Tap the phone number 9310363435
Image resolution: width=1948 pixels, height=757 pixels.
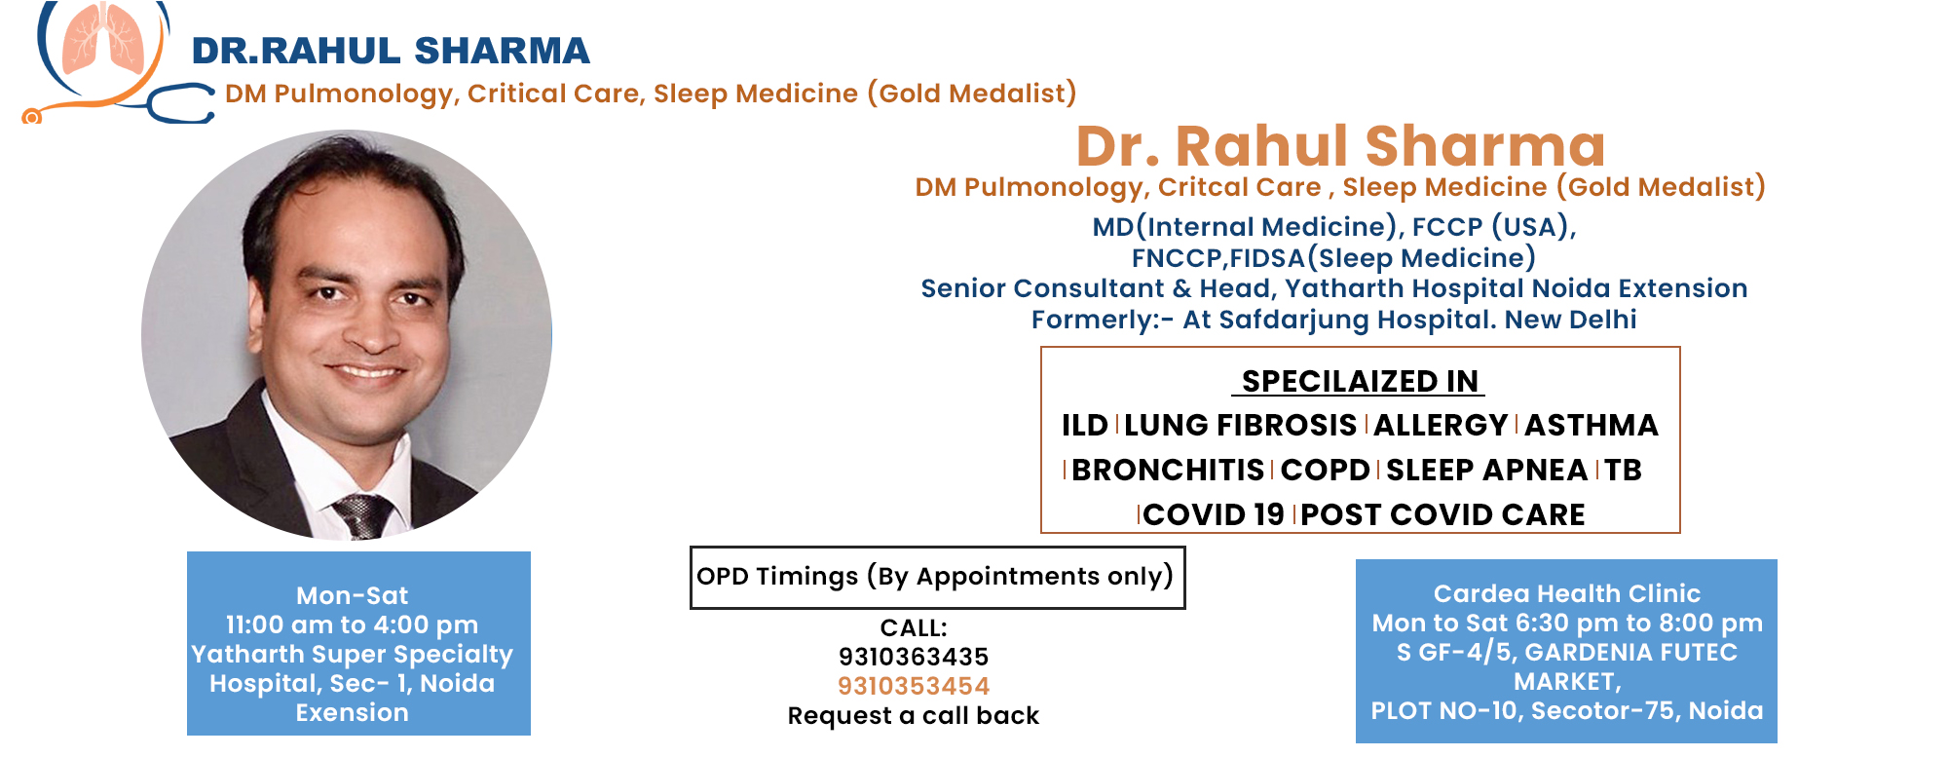click(914, 657)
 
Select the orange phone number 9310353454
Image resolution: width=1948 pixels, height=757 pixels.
click(914, 686)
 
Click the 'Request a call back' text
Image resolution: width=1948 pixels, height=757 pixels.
click(914, 716)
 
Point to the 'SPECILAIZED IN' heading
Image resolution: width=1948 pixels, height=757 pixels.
click(1360, 381)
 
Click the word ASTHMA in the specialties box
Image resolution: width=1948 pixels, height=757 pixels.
click(1592, 425)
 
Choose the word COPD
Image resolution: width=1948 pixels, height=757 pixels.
click(1325, 470)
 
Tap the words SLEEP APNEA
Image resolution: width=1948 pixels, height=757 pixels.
click(1487, 470)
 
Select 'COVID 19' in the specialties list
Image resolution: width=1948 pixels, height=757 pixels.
click(1214, 514)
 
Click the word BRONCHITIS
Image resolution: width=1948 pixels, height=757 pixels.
click(1168, 470)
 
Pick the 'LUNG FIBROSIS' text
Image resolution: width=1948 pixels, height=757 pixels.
click(1240, 425)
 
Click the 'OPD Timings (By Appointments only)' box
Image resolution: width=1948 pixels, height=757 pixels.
click(937, 577)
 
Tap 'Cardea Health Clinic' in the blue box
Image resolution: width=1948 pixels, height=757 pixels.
click(1567, 593)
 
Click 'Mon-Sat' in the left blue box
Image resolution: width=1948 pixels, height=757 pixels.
click(353, 595)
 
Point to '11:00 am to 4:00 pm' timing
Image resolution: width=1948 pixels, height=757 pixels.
click(353, 625)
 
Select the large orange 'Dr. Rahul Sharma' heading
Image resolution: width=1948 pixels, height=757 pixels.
click(1340, 146)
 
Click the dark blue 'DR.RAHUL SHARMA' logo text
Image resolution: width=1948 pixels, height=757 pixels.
click(391, 51)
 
